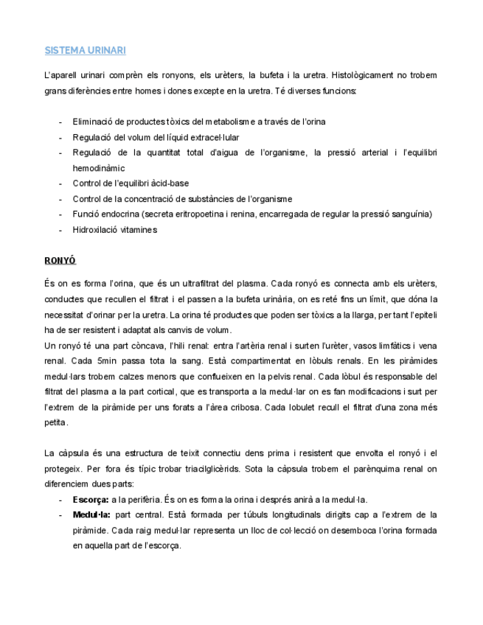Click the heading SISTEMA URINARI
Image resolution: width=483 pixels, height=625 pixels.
click(x=85, y=50)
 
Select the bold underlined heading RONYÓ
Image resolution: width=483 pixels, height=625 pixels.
click(x=60, y=261)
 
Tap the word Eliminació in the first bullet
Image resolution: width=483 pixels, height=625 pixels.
click(x=93, y=122)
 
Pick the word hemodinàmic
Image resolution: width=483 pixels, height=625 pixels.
click(x=99, y=168)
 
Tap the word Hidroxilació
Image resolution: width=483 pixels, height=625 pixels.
click(x=94, y=229)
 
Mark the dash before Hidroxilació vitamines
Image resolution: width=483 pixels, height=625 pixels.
click(x=60, y=229)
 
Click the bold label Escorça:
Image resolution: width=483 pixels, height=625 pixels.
click(x=91, y=500)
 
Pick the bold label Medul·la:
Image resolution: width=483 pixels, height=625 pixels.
click(x=92, y=515)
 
